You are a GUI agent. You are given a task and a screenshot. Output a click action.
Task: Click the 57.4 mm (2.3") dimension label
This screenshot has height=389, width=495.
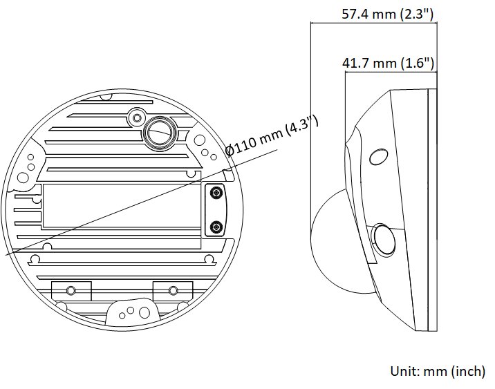388,15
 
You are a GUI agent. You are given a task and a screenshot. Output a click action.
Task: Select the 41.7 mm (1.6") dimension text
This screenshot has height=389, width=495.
388,63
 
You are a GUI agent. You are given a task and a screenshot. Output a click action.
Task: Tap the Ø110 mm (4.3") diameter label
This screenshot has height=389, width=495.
272,136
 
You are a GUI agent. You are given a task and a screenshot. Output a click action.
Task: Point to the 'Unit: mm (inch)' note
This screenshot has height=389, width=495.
438,371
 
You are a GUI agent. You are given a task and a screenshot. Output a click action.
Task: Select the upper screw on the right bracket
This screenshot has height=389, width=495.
216,193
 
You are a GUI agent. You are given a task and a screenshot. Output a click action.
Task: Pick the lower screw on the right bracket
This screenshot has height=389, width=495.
216,227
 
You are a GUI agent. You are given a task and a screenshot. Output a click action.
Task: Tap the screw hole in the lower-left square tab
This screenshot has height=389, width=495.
71,290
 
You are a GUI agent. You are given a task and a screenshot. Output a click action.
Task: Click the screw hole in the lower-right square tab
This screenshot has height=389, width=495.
173,290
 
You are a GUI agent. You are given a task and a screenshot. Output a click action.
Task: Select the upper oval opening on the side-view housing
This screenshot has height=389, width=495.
379,157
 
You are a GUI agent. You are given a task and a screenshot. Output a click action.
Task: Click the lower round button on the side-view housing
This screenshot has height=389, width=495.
383,239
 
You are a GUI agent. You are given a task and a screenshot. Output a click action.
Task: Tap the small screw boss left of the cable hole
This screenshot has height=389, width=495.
137,118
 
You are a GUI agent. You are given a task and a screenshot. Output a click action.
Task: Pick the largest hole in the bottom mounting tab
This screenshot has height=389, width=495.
144,313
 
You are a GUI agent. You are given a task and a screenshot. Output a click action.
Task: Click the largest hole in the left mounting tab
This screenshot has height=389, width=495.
22,178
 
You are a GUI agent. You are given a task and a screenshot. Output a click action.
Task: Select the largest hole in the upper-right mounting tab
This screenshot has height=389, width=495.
200,140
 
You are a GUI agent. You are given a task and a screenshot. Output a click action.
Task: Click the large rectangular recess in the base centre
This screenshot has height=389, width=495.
122,206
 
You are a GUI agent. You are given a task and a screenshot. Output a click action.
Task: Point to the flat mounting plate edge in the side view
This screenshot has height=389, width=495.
433,210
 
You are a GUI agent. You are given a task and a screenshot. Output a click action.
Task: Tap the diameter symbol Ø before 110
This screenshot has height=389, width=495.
230,151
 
